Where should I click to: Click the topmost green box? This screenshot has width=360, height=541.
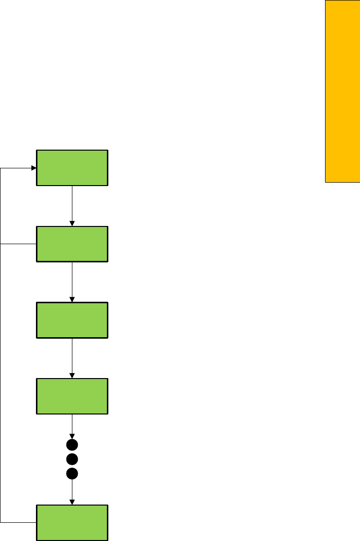tap(72, 167)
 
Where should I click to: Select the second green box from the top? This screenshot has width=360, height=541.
tap(72, 244)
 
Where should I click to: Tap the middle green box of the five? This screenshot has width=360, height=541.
tap(72, 320)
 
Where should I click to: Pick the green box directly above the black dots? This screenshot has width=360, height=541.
tap(72, 396)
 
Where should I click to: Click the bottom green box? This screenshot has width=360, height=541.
tap(72, 522)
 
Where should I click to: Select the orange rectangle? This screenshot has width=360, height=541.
tap(342, 91)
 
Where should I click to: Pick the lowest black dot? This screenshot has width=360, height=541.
tap(72, 474)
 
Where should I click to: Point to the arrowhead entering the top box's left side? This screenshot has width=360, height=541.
tap(34, 168)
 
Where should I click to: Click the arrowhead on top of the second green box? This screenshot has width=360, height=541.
tap(72, 224)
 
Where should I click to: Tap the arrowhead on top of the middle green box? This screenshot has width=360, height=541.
tap(72, 300)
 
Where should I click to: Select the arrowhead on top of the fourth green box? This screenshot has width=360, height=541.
tap(72, 376)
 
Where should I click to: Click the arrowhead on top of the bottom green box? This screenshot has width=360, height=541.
tap(72, 502)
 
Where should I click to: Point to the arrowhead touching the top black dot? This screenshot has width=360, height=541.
tap(72, 437)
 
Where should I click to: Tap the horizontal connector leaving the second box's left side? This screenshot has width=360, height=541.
tap(19, 244)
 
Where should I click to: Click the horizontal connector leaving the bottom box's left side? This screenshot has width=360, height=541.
tap(19, 521)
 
